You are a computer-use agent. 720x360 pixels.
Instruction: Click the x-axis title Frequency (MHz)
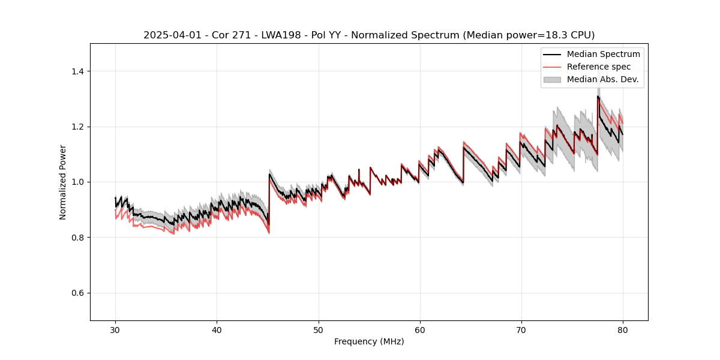point(369,341)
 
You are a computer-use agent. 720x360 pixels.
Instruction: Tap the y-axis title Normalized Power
point(63,182)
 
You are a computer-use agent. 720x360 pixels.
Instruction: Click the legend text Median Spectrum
point(603,54)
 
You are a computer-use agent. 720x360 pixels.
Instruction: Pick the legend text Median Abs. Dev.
point(602,79)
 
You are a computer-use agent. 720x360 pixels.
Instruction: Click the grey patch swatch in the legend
point(552,79)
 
